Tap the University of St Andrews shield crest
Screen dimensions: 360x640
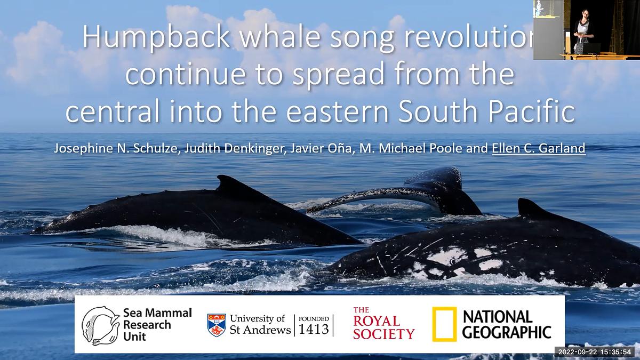coord(216,325)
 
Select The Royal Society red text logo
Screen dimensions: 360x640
coord(383,324)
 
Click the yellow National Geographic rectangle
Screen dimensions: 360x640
coord(444,324)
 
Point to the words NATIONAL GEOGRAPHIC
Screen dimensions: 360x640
coord(506,324)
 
